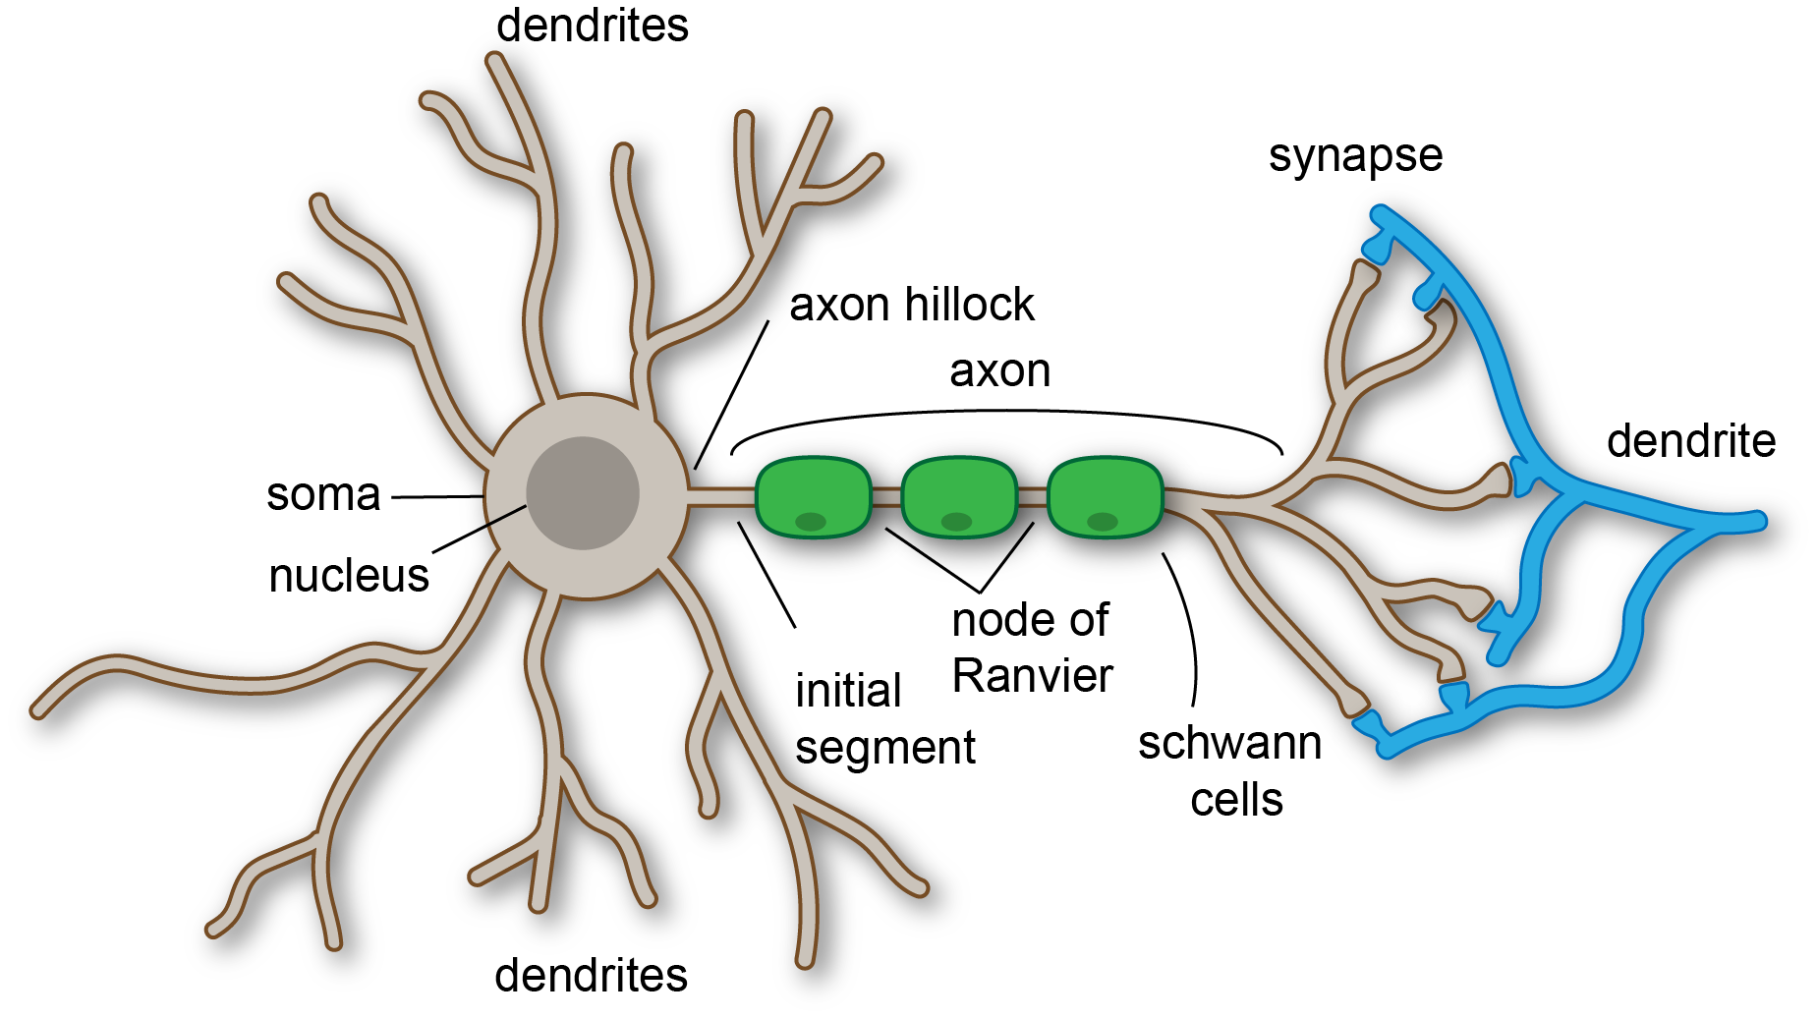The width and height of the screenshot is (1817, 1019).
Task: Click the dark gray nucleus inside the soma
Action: [582, 492]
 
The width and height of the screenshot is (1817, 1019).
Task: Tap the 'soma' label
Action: [323, 494]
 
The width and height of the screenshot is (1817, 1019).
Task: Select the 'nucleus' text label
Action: [349, 576]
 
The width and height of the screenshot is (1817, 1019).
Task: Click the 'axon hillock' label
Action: [911, 305]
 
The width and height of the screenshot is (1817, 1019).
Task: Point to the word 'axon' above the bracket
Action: [999, 371]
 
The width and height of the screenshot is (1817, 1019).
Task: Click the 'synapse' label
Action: [1355, 155]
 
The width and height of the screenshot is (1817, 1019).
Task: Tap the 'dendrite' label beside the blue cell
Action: [1690, 441]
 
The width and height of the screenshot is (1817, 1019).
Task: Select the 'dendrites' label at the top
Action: [592, 26]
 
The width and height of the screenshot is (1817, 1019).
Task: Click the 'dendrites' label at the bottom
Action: [591, 976]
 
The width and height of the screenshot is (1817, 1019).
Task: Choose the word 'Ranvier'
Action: [1032, 676]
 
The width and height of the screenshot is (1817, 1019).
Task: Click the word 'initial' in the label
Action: [848, 691]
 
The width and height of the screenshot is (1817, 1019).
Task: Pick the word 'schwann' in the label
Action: [1229, 744]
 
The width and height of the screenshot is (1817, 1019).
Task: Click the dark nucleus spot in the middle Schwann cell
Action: [956, 521]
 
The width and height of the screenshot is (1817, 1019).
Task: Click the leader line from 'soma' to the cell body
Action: [437, 497]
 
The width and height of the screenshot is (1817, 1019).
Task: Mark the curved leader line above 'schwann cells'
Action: [1188, 629]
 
